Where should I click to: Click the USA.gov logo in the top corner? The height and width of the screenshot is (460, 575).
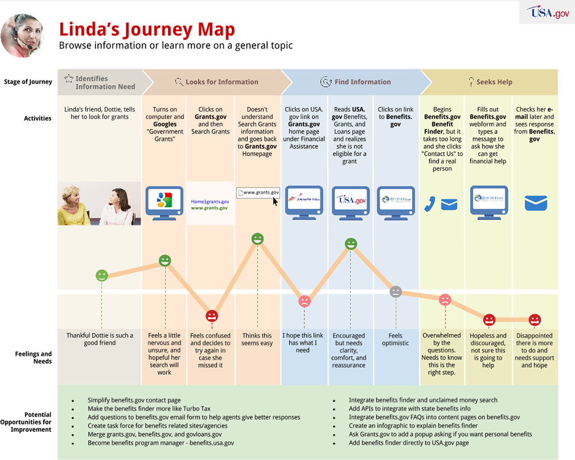click(548, 12)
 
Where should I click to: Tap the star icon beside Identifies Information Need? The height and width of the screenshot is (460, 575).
click(68, 79)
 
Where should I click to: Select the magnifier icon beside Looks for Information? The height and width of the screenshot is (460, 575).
click(179, 82)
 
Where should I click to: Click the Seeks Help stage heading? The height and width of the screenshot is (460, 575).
click(494, 82)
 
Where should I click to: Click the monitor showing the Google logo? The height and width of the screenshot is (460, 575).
click(164, 201)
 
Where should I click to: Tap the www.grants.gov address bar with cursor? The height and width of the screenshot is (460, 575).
click(258, 193)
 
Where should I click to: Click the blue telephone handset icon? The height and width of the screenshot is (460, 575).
click(430, 204)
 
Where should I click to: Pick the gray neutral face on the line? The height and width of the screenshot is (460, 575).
click(396, 292)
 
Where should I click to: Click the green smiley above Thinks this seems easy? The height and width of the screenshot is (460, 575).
click(258, 238)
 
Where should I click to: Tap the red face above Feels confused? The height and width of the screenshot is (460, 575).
click(212, 316)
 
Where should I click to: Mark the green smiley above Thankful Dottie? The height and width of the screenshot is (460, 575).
click(102, 275)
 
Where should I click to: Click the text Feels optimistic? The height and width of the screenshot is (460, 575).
click(396, 339)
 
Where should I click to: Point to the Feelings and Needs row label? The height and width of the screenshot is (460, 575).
click(33, 358)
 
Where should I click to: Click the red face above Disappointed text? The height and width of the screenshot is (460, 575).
click(535, 320)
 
